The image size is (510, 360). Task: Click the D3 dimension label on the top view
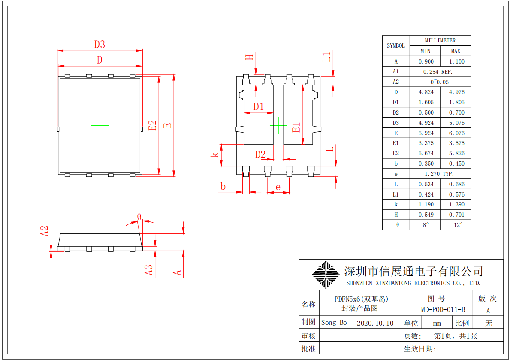click(100, 44)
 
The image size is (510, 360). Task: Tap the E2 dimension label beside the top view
click(153, 125)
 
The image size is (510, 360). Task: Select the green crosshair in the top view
click(100, 125)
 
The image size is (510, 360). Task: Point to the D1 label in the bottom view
click(258, 106)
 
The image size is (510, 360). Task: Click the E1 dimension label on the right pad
click(296, 127)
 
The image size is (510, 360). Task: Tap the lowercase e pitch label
click(278, 187)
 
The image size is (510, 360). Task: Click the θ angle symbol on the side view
click(139, 217)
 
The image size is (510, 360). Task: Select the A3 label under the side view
click(148, 270)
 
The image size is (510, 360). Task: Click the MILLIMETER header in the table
click(440, 40)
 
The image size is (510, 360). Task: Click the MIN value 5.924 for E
click(426, 133)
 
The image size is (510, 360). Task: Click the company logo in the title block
click(325, 275)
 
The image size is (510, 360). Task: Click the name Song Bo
click(334, 323)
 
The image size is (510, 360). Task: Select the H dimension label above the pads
click(250, 57)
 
